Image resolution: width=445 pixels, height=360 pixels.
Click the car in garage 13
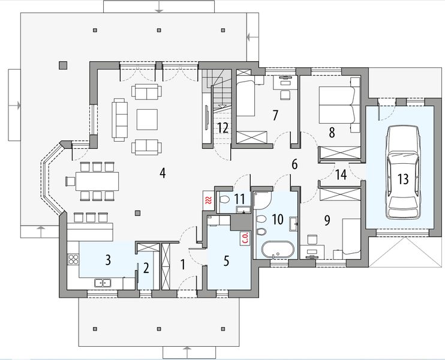click(x=403, y=173)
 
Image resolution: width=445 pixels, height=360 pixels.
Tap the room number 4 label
click(x=163, y=173)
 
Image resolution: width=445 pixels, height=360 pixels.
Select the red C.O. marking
click(x=245, y=238)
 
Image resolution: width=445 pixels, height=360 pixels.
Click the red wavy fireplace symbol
click(x=209, y=200)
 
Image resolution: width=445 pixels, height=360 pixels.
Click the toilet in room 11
click(x=224, y=199)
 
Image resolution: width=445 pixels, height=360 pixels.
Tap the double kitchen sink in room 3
click(x=103, y=283)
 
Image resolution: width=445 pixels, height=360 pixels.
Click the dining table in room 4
click(x=97, y=181)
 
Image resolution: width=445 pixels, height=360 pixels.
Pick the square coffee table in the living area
click(x=147, y=119)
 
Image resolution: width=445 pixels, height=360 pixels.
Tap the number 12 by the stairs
click(x=223, y=128)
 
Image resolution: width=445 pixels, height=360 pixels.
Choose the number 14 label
click(x=341, y=175)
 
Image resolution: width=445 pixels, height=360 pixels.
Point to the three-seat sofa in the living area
click(x=118, y=119)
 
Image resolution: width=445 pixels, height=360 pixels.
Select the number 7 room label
click(x=275, y=116)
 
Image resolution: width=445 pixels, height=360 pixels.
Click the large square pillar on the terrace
click(x=63, y=65)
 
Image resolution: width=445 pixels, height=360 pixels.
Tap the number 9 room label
click(x=327, y=220)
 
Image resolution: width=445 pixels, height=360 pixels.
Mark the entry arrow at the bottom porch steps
click(x=187, y=352)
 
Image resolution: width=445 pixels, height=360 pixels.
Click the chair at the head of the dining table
click(x=70, y=181)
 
